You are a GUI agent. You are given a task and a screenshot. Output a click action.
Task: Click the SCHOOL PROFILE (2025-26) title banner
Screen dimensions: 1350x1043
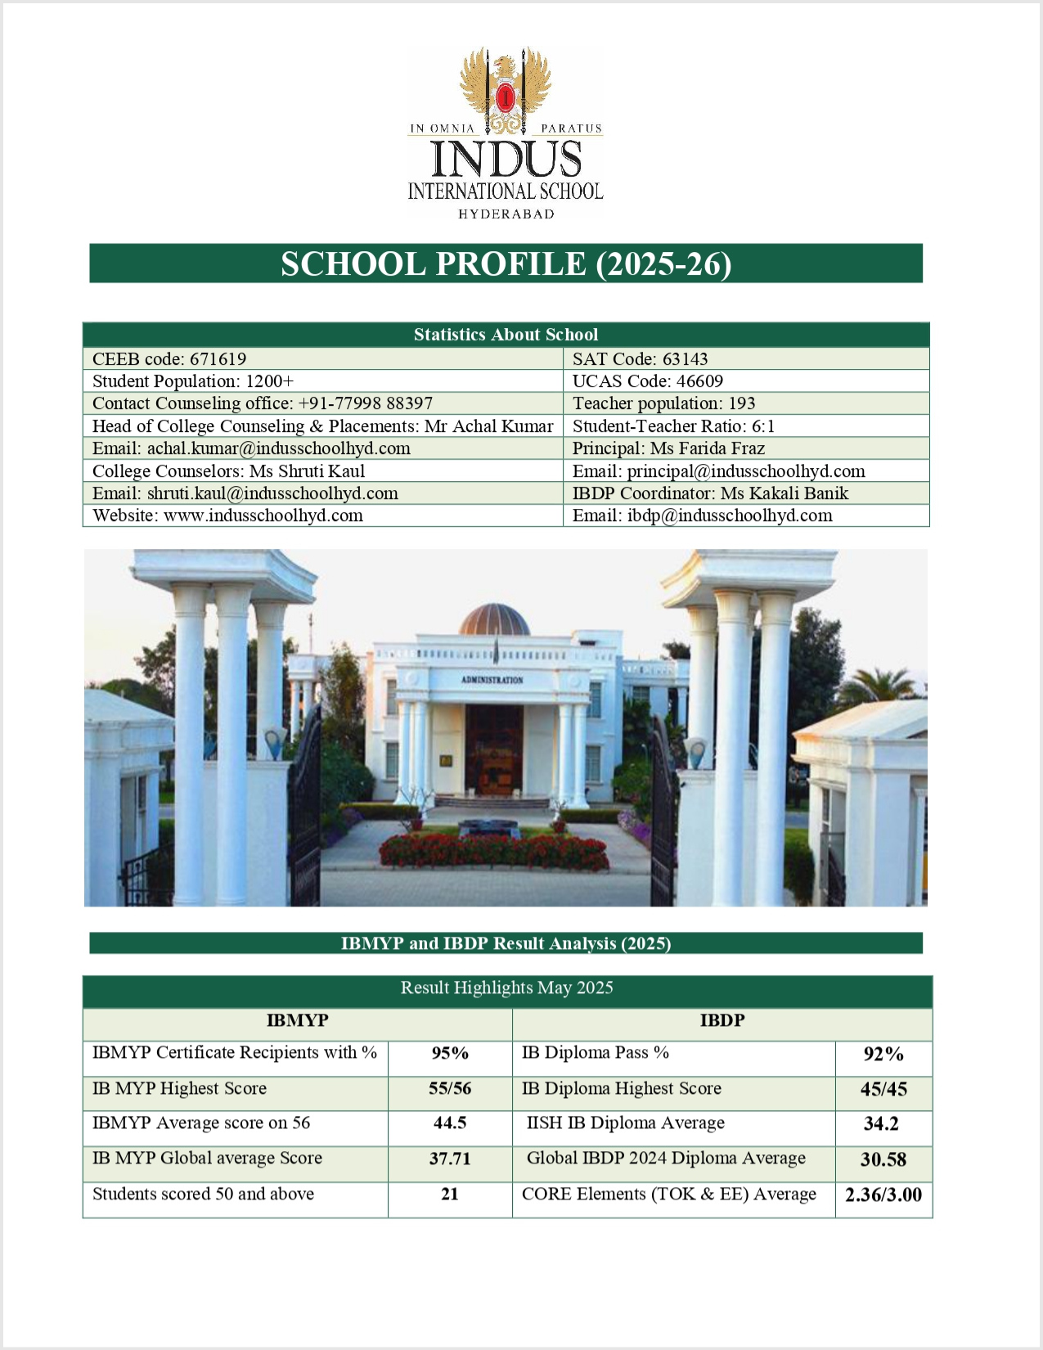point(506,263)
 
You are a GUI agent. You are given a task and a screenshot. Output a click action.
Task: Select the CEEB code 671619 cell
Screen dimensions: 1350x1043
point(169,359)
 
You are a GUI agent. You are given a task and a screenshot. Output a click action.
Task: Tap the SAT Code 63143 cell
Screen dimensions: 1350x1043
point(640,359)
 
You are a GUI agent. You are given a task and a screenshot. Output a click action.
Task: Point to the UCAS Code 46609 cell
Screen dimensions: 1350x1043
point(647,381)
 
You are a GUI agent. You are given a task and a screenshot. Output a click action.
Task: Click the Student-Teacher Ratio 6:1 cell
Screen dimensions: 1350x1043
point(673,426)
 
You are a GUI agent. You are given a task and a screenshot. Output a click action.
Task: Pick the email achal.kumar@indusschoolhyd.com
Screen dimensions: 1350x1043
point(251,448)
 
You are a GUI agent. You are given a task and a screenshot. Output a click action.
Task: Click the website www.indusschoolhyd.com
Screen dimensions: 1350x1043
point(227,515)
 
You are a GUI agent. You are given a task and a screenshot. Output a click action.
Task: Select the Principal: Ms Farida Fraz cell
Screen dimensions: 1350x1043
point(668,448)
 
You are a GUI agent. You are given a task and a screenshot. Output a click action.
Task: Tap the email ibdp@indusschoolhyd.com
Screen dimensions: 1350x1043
point(702,515)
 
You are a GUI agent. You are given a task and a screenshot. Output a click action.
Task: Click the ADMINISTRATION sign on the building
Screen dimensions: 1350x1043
point(492,680)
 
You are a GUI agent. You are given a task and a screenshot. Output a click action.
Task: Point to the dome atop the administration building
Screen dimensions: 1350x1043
point(494,619)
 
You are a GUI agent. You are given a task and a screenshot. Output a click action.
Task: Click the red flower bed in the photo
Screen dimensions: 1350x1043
point(494,852)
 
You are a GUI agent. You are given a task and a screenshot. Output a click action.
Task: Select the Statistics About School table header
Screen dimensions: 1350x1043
point(506,335)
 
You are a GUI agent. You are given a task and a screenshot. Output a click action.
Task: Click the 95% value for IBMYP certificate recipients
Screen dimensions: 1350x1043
point(450,1054)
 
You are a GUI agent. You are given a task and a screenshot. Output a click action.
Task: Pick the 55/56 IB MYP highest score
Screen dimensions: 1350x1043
point(450,1089)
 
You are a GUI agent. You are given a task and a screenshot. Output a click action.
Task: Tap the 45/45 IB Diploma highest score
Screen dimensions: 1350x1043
point(883,1090)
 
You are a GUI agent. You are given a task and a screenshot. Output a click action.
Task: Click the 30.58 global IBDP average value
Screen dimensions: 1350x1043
point(883,1159)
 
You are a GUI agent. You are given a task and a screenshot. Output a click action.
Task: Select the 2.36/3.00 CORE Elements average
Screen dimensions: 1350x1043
point(883,1195)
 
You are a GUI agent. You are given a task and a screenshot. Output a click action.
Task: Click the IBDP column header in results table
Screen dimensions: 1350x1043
point(722,1021)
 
